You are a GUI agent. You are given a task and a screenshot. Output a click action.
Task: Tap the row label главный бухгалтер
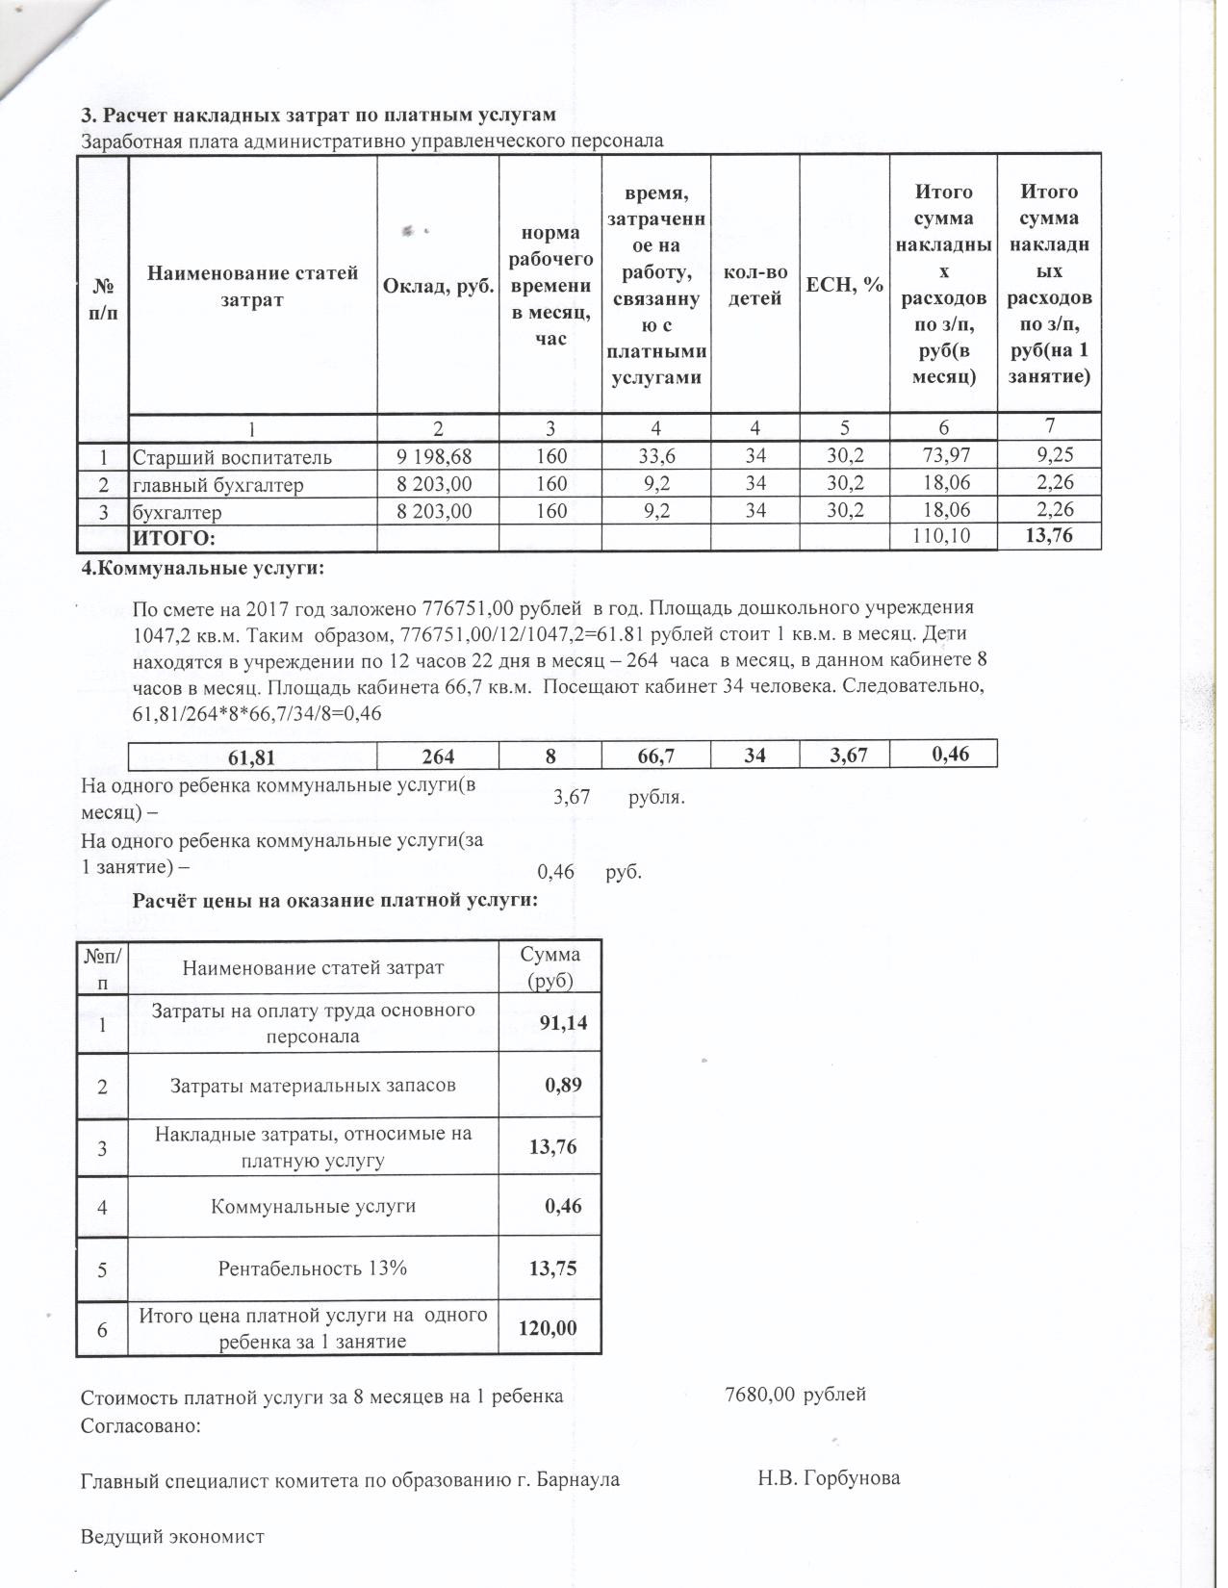coord(217,485)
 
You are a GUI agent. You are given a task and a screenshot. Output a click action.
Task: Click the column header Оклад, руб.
coord(438,286)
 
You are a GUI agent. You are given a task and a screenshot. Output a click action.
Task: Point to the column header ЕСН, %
coord(844,285)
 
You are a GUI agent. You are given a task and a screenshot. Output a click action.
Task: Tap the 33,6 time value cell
coord(655,456)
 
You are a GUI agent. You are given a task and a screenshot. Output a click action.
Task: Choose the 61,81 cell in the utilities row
coord(251,757)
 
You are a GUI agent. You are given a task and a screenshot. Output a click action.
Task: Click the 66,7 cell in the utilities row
coord(655,757)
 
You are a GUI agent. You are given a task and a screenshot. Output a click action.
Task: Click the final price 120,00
coord(549,1329)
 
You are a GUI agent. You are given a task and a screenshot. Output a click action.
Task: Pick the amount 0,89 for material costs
coord(563,1086)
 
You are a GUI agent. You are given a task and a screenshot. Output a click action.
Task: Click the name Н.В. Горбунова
coord(829,1478)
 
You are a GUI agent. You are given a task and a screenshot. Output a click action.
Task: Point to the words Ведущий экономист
coord(172,1537)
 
